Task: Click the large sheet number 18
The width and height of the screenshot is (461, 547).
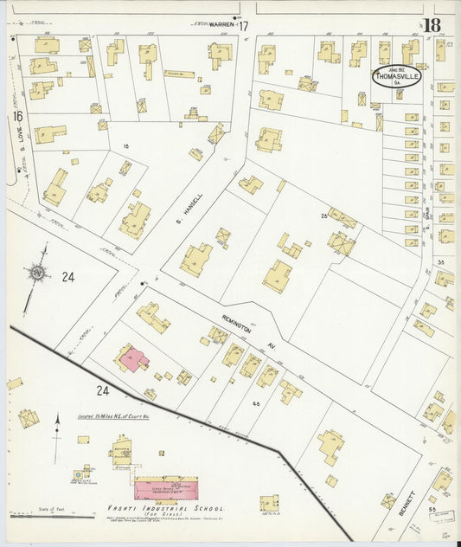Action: pos(431,24)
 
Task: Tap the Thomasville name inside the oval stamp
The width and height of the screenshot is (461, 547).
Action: pos(396,76)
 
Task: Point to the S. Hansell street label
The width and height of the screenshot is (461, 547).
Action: pos(195,183)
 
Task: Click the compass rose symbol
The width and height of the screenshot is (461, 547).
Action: pos(37,276)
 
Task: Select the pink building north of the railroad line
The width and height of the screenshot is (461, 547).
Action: pos(134,358)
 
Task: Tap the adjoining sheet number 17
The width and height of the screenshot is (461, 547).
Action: pos(243,27)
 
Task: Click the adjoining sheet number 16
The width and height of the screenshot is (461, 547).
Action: pos(16,115)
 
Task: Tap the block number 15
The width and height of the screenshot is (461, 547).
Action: pos(126,146)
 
